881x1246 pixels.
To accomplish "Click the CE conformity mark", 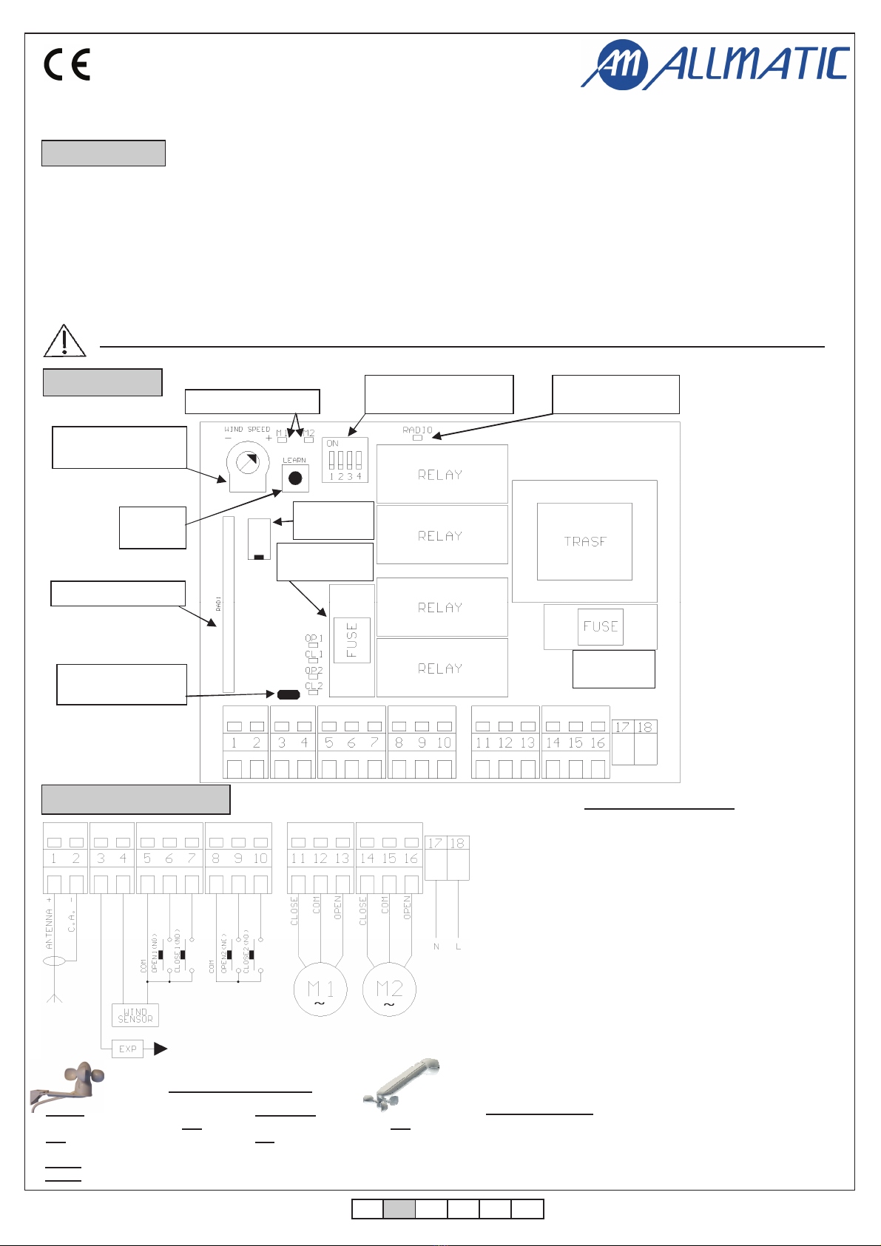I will coord(67,64).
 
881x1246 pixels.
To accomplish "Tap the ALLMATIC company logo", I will coord(715,64).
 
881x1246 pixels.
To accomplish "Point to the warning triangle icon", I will coord(64,340).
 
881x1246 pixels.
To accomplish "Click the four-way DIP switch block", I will coord(345,460).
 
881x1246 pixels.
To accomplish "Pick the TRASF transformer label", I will coord(584,541).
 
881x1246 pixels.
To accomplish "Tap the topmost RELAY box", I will coord(442,474).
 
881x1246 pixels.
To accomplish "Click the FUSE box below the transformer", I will coord(600,626).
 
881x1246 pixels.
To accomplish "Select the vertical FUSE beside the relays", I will coord(351,640).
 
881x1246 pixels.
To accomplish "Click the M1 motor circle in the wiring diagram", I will coord(320,990).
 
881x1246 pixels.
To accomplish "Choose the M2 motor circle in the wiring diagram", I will coord(389,990).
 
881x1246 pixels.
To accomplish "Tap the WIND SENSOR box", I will coord(135,1015).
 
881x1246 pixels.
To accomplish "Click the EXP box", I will coord(127,1049).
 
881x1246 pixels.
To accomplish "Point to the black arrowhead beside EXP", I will coord(160,1049).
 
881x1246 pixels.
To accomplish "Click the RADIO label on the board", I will coord(417,430).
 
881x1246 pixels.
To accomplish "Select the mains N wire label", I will coord(436,947).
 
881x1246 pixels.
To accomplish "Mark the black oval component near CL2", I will coord(288,694).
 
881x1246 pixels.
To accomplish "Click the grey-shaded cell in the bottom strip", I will coord(399,1209).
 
